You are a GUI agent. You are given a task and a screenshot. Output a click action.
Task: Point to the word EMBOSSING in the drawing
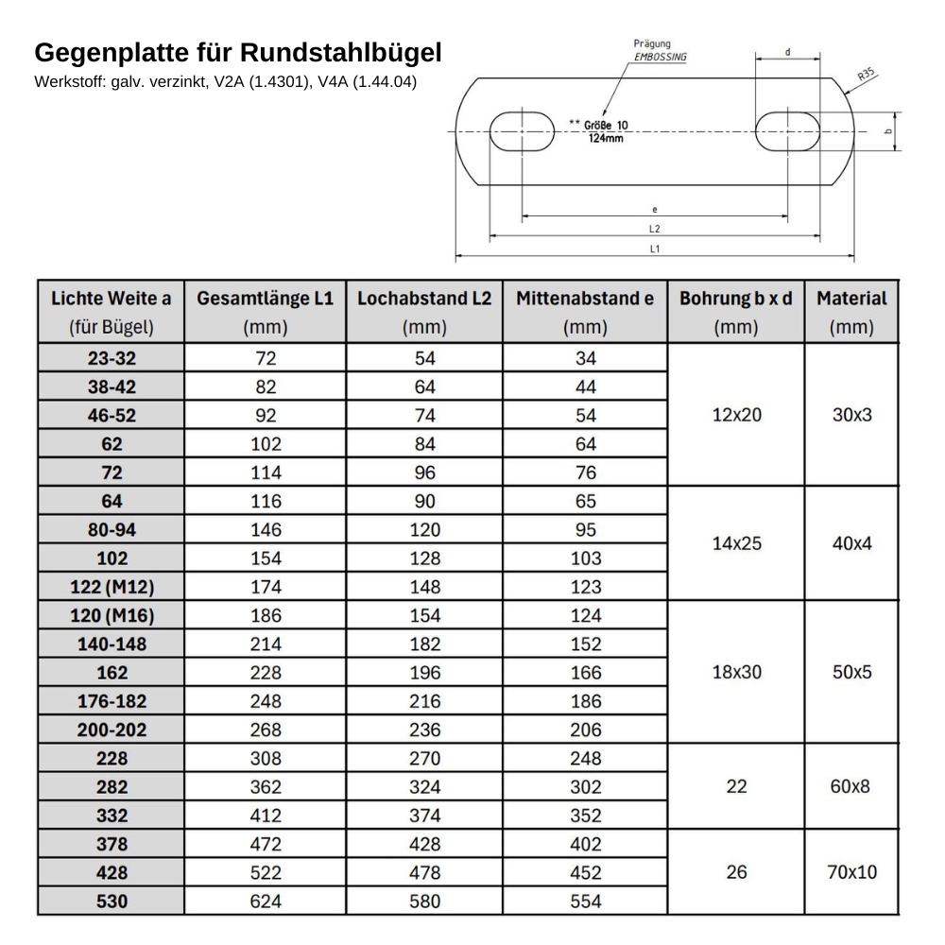(661, 57)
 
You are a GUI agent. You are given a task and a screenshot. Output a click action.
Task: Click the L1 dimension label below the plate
(654, 249)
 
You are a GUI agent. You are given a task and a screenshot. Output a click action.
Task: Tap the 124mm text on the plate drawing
(606, 138)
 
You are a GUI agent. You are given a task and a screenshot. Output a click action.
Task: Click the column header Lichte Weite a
(112, 299)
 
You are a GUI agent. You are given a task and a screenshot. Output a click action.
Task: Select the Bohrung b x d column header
(736, 299)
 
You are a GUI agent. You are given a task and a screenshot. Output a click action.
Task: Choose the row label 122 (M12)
(112, 587)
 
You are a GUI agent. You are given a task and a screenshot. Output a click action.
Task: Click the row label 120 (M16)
(112, 616)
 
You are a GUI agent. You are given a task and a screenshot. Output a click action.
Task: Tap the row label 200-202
(112, 730)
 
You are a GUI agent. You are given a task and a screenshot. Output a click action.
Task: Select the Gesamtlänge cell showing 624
(266, 902)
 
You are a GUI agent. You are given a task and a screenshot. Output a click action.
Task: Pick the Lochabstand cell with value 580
(425, 902)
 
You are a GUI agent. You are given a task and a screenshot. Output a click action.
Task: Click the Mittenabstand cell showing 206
(586, 730)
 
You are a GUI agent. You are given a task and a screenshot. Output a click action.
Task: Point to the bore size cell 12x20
(736, 415)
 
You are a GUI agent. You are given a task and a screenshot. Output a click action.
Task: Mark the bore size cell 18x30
(736, 672)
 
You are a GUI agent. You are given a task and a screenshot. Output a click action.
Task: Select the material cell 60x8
(850, 786)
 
